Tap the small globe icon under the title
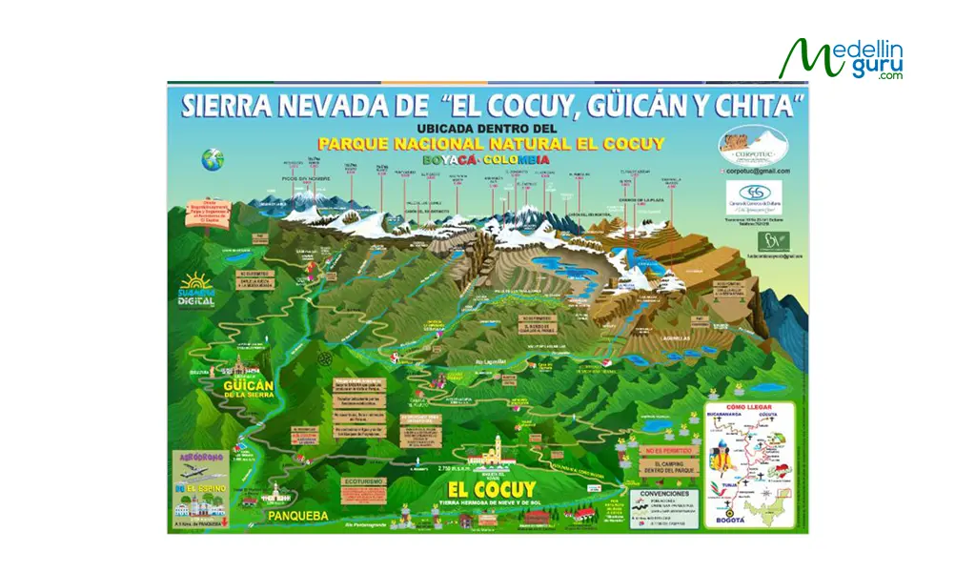click(212, 160)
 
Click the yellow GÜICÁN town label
click(248, 386)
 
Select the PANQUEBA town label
click(297, 516)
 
